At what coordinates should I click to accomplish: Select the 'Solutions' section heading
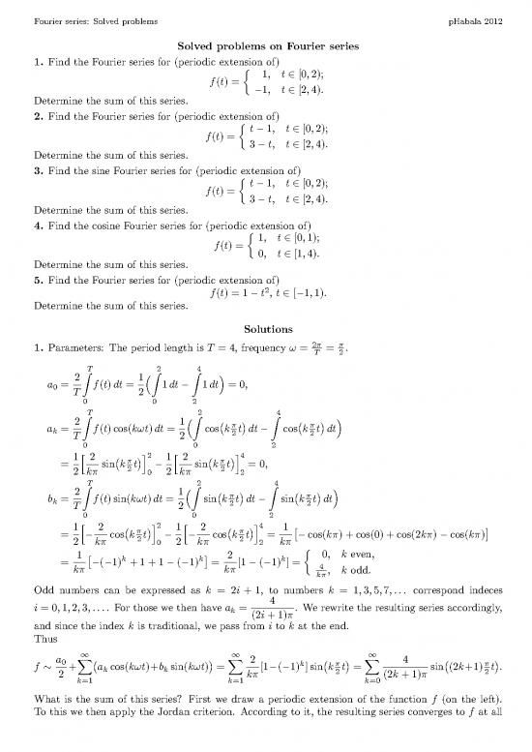coord(265,329)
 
